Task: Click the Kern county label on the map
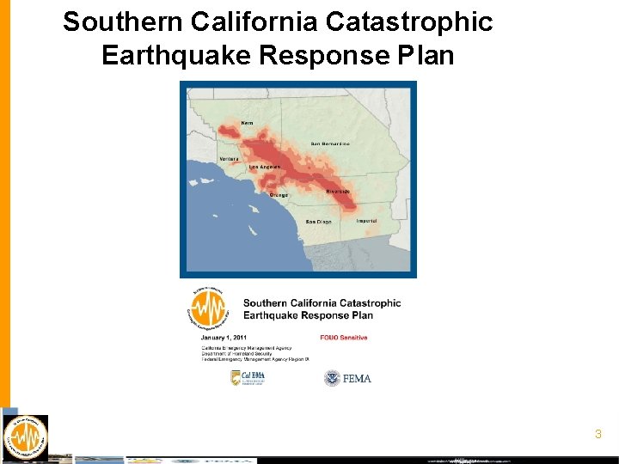click(248, 124)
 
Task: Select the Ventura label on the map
click(229, 159)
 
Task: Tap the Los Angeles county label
click(265, 167)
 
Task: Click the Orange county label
click(279, 195)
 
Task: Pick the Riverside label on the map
click(338, 191)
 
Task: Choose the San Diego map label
click(318, 222)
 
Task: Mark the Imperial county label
click(366, 221)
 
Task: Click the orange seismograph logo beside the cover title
click(208, 308)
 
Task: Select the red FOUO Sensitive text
click(343, 338)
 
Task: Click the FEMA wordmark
click(357, 378)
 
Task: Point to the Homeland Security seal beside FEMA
click(332, 378)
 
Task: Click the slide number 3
click(598, 434)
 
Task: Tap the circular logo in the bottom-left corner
click(25, 437)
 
